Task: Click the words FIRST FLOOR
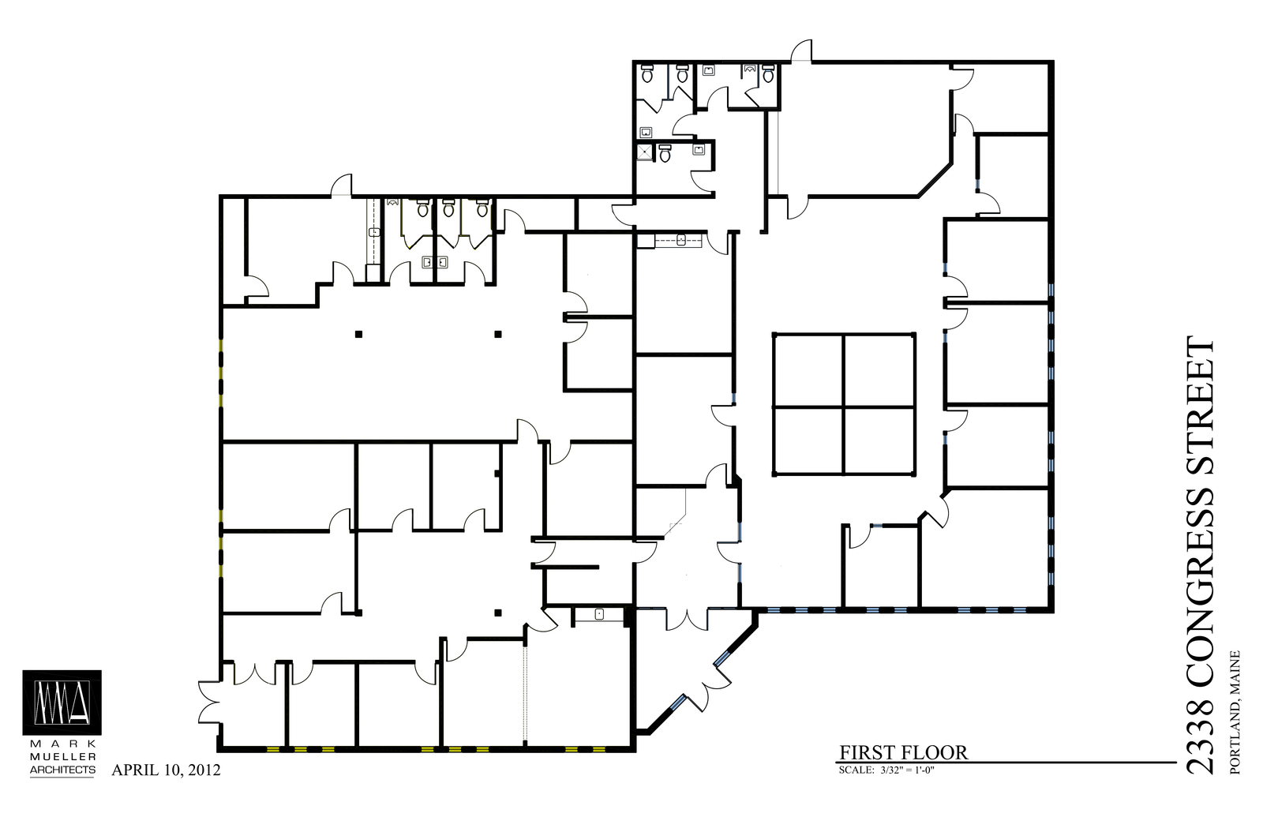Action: click(x=903, y=753)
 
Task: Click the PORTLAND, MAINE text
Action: click(x=1235, y=712)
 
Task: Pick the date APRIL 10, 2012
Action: click(x=167, y=770)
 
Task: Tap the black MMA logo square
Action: click(x=62, y=703)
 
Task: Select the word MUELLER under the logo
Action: click(x=62, y=756)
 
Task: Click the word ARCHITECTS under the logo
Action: click(x=62, y=770)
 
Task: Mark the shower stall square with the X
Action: click(x=644, y=152)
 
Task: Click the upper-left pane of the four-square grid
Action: click(x=808, y=370)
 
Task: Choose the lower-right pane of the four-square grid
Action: click(x=879, y=441)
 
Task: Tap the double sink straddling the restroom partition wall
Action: click(x=435, y=262)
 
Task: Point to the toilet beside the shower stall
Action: click(x=665, y=153)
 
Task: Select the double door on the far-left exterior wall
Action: click(x=208, y=703)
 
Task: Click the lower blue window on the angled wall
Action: click(x=678, y=703)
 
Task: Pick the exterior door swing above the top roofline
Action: click(x=801, y=51)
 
